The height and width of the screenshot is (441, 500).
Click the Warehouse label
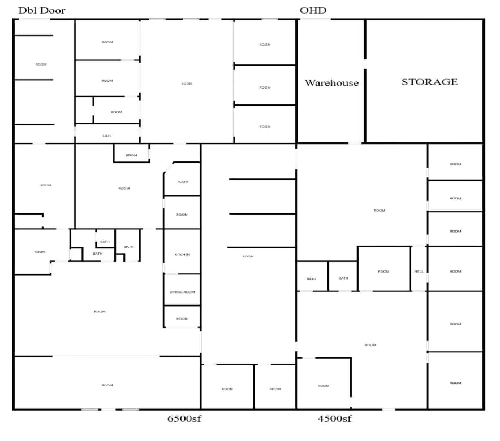pyautogui.click(x=331, y=82)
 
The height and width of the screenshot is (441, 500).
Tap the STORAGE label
pyautogui.click(x=429, y=82)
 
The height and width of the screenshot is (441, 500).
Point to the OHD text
pyautogui.click(x=313, y=10)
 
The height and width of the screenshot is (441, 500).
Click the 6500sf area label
pyautogui.click(x=185, y=418)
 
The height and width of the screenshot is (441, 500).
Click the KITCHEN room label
pyautogui.click(x=182, y=255)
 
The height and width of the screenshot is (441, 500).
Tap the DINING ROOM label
pyautogui.click(x=182, y=292)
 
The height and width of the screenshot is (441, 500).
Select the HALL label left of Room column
pyautogui.click(x=419, y=272)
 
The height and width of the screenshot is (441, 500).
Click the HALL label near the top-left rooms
pyautogui.click(x=107, y=136)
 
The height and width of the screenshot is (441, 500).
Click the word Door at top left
pyautogui.click(x=52, y=10)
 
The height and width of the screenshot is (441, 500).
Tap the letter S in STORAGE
pyautogui.click(x=405, y=82)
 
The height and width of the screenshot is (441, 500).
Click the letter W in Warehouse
pyautogui.click(x=309, y=82)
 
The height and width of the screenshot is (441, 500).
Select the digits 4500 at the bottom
pyautogui.click(x=329, y=418)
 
